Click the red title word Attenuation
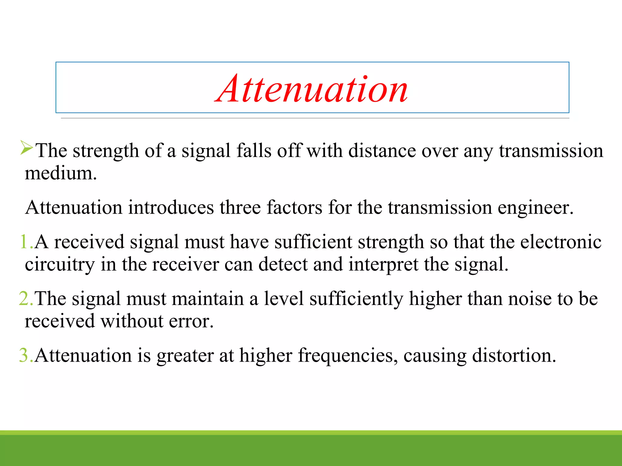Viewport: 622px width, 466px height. pyautogui.click(x=312, y=89)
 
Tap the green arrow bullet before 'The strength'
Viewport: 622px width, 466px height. pyautogui.click(x=26, y=148)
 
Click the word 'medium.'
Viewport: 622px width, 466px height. pyautogui.click(x=61, y=174)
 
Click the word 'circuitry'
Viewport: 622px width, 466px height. pyautogui.click(x=60, y=265)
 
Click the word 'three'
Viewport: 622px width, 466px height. pyautogui.click(x=240, y=208)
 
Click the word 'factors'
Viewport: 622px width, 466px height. pyautogui.click(x=294, y=208)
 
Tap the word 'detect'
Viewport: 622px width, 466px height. pyautogui.click(x=283, y=265)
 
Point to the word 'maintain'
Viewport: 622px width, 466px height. pyautogui.click(x=208, y=299)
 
